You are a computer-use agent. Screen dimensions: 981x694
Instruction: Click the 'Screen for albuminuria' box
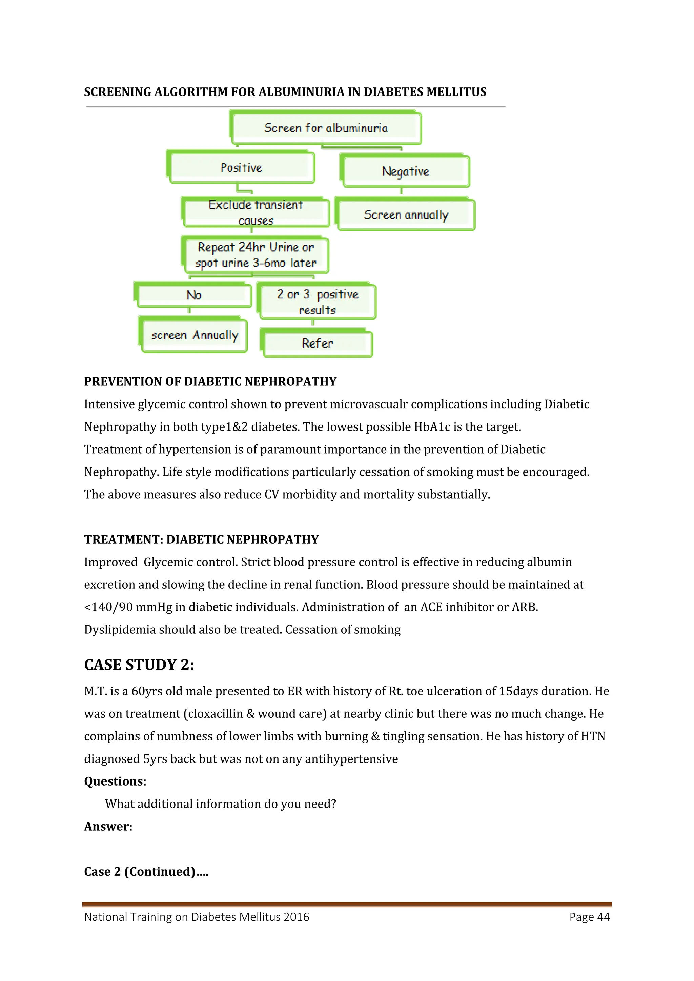coord(326,128)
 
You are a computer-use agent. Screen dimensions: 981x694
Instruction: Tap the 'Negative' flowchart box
coord(406,171)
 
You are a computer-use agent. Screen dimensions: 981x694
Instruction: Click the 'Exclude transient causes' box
coord(256,212)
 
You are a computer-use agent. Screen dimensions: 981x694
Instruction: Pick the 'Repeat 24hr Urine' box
coord(256,255)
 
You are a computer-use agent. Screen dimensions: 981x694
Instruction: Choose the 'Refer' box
coord(317,343)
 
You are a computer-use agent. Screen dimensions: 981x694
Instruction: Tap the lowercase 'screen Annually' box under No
coord(195,335)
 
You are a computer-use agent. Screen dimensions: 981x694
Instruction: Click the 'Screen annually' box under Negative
coord(406,214)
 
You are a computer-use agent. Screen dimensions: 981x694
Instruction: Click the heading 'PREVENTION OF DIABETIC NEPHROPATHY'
coord(210,381)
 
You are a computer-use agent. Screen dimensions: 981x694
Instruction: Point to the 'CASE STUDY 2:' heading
coord(139,665)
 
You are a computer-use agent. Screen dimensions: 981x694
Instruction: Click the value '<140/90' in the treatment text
coord(108,607)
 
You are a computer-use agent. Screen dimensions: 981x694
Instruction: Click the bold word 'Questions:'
coord(115,781)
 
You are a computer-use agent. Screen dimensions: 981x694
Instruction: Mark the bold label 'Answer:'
coord(108,826)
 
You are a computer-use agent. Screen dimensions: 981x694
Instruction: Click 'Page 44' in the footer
coord(589,917)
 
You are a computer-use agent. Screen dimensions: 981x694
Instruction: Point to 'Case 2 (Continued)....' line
coord(146,872)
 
